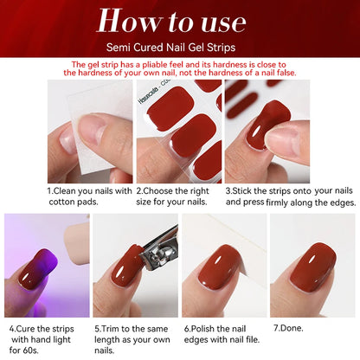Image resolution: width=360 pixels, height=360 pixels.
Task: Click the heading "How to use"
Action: coord(180,21)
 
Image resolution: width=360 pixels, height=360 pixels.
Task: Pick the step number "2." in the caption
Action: coord(141,190)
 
